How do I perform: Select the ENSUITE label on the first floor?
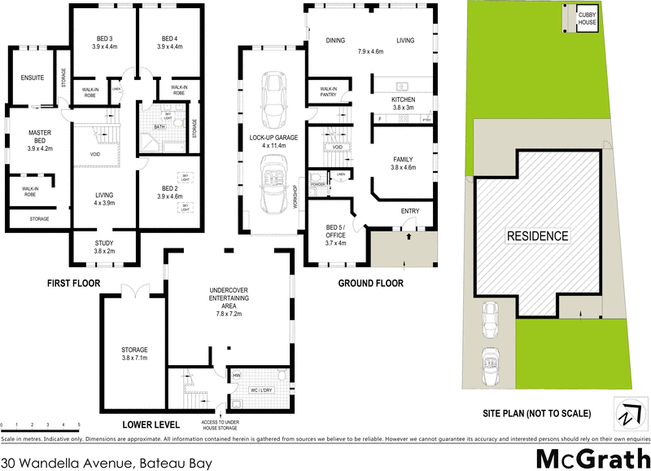(33, 78)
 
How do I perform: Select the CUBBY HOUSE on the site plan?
(588, 19)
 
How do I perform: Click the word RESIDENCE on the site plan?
(538, 236)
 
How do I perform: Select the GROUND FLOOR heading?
(370, 284)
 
